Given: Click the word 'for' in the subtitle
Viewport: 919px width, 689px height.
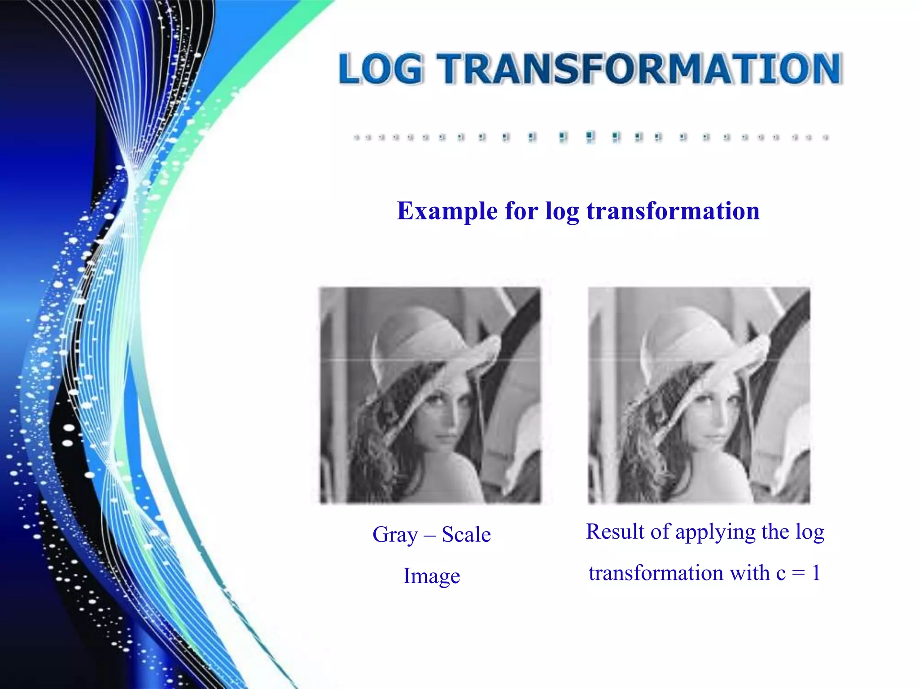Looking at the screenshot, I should (x=521, y=211).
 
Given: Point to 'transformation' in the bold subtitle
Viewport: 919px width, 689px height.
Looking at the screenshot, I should (x=673, y=211).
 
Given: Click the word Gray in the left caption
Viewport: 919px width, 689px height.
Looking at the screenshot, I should (x=395, y=535).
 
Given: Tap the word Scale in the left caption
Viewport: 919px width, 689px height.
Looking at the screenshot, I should (x=466, y=534).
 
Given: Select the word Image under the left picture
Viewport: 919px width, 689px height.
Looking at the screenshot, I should (x=432, y=576).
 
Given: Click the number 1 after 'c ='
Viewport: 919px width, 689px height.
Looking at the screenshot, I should (x=816, y=573).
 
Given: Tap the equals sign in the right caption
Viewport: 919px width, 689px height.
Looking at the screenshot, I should (x=798, y=573).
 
